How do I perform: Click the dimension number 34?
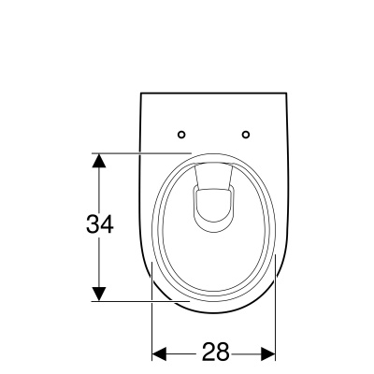(100, 224)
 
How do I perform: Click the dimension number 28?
(216, 352)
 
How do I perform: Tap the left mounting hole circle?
(181, 135)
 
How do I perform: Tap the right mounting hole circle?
(246, 135)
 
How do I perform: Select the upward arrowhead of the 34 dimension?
(99, 161)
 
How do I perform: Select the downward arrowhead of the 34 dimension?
(99, 295)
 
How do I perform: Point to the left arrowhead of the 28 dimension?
(159, 354)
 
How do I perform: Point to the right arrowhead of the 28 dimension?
(268, 354)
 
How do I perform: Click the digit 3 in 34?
(93, 224)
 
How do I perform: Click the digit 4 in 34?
(107, 224)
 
